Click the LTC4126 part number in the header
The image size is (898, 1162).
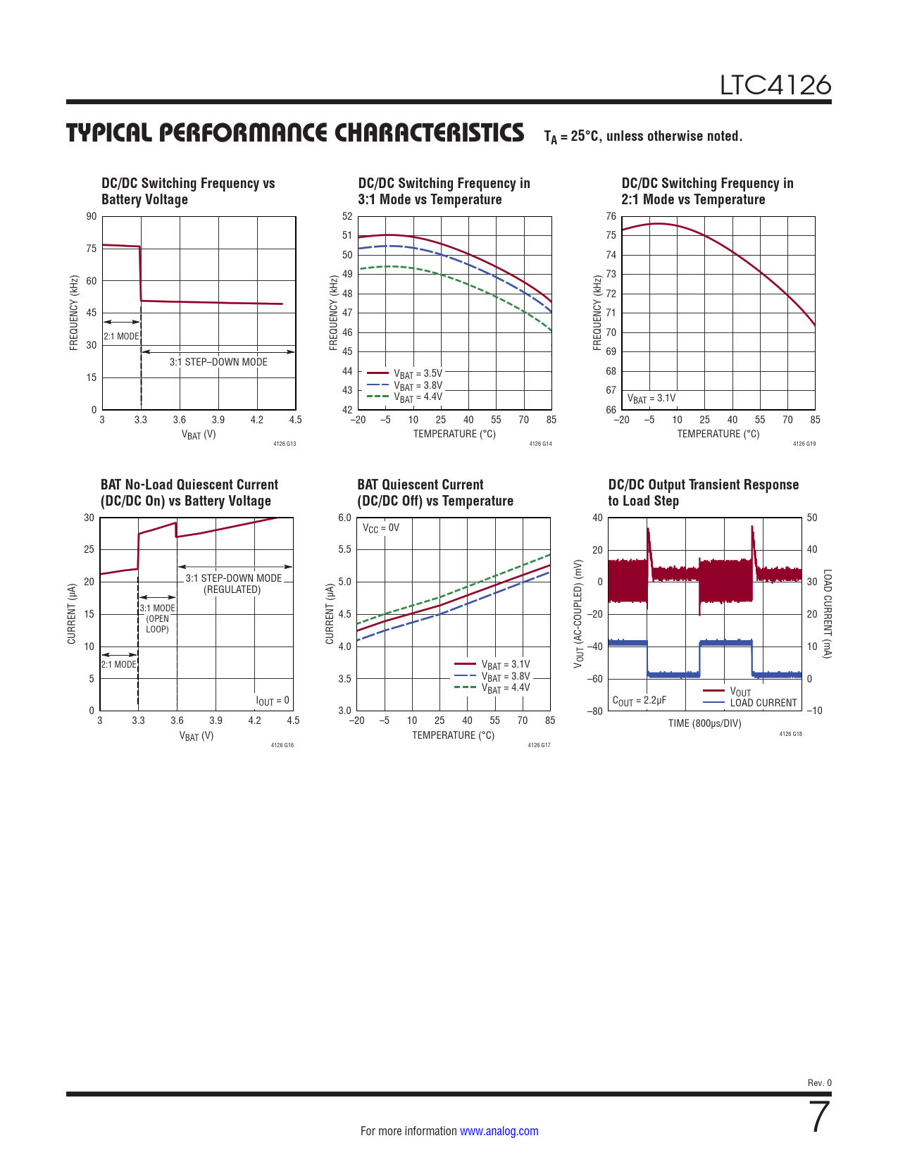[775, 85]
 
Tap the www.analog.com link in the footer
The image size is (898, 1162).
[499, 1131]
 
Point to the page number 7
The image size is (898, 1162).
[820, 1118]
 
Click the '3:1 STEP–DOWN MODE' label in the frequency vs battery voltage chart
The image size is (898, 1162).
[218, 362]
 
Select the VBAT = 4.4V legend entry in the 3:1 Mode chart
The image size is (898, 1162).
[417, 398]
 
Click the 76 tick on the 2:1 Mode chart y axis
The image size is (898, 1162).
[611, 216]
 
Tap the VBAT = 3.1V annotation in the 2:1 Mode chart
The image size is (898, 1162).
[651, 399]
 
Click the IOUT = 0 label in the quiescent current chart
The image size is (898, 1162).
[273, 701]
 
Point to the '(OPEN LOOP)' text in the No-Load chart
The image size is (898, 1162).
[157, 624]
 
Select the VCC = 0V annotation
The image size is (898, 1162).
[380, 528]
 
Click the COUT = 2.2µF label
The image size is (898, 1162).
[639, 701]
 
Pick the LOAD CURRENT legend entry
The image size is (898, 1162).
[763, 703]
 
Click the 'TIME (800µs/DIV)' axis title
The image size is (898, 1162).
[704, 723]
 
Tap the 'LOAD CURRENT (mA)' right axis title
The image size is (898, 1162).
[828, 614]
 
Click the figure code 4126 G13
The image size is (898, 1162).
[285, 444]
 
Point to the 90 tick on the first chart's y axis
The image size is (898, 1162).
[92, 216]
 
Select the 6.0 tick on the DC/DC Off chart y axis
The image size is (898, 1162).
[344, 518]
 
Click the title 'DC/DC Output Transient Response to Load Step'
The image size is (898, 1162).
[703, 493]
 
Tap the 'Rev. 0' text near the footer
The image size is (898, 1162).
[819, 1083]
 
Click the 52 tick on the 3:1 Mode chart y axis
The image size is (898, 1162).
[347, 216]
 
